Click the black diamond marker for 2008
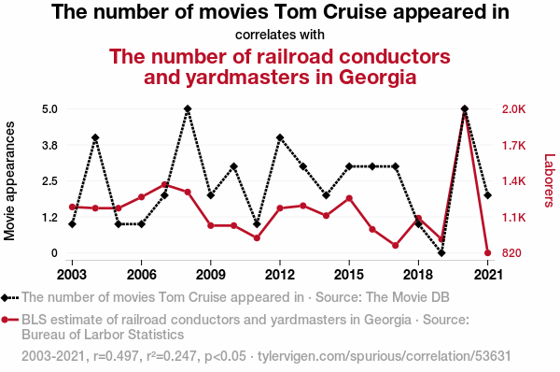click(188, 108)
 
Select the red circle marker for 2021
click(487, 253)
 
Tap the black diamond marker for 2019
click(441, 253)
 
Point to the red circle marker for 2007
click(164, 185)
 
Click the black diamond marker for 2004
click(95, 137)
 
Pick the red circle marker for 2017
click(395, 246)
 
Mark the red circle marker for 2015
click(349, 198)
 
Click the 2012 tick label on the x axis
click(280, 275)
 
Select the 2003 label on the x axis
click(72, 275)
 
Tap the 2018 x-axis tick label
click(418, 275)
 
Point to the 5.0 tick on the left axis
click(50, 109)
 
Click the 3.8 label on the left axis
click(50, 145)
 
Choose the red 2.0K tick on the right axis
click(513, 109)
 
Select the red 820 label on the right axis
click(511, 253)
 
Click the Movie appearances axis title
click(9, 181)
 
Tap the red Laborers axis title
click(549, 180)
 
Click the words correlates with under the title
click(280, 35)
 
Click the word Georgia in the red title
click(377, 78)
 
